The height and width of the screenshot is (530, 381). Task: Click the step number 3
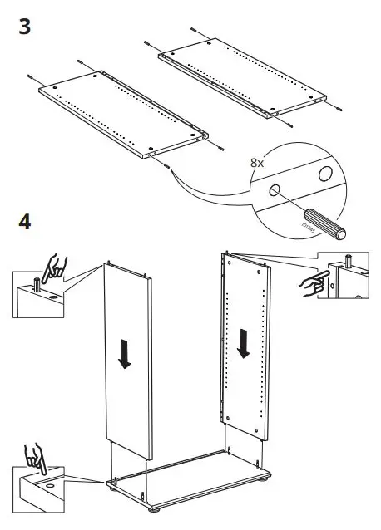click(x=24, y=26)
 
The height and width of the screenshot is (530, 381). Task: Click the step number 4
click(x=25, y=223)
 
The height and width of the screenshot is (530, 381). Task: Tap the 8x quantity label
click(x=257, y=164)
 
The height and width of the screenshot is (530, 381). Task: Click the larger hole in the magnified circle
click(x=325, y=174)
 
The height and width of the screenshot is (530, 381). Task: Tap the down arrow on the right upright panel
click(x=244, y=342)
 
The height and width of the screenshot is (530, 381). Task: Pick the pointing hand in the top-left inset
click(x=57, y=267)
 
